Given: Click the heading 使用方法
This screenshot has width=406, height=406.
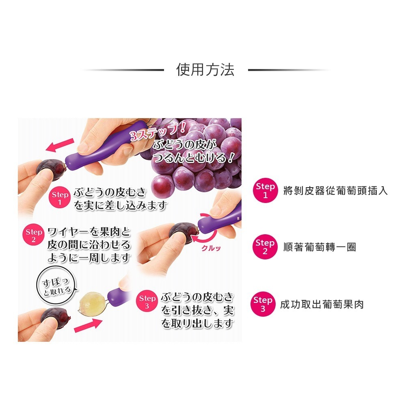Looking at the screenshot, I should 205,70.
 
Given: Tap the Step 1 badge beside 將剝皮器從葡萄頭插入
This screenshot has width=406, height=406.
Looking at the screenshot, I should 265,190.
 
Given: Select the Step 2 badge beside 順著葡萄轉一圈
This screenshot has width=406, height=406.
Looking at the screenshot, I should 265,247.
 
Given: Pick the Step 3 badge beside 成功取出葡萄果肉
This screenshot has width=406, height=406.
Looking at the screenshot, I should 263,304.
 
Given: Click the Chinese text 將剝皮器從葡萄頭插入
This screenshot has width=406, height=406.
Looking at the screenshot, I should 335,190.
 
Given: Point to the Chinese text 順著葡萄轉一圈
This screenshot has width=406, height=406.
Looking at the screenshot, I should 320,247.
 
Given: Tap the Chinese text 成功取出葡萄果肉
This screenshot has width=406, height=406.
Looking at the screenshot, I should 322,304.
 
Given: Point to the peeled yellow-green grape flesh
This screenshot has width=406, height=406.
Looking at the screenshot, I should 91,302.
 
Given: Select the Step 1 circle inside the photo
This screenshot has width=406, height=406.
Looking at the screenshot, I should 60,199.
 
